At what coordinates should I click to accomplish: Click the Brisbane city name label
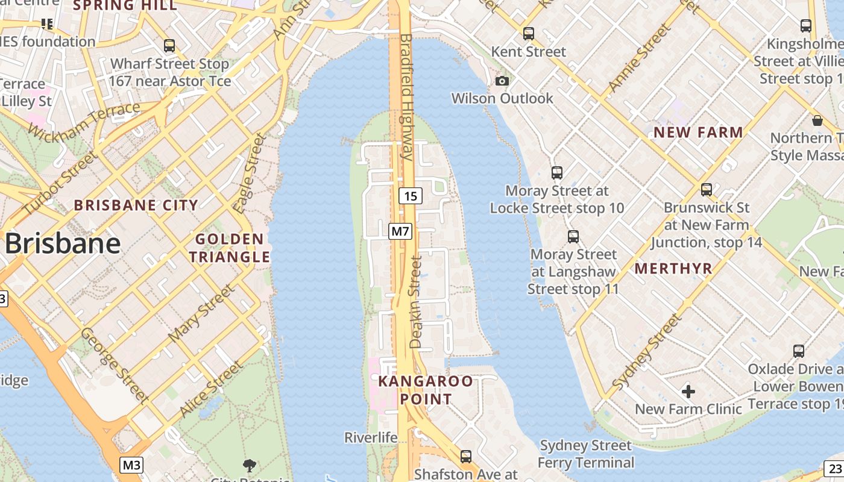(x=63, y=243)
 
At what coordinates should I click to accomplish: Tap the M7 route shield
(x=400, y=231)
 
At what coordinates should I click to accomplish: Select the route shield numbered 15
(x=411, y=196)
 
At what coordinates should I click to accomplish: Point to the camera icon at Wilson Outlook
(x=502, y=81)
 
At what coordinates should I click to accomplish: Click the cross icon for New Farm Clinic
(x=688, y=392)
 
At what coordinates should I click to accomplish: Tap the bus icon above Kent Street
(x=529, y=34)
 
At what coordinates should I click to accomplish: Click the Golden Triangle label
(x=229, y=248)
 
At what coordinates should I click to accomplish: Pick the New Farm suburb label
(x=698, y=132)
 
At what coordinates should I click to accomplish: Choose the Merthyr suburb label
(x=673, y=269)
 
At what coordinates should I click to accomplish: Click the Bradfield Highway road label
(x=406, y=96)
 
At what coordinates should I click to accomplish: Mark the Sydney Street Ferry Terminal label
(x=585, y=454)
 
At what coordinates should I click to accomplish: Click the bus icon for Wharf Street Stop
(x=169, y=46)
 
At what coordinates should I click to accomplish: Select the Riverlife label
(x=371, y=437)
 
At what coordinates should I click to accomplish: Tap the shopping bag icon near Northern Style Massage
(x=817, y=120)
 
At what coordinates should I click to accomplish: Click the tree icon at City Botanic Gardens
(x=249, y=465)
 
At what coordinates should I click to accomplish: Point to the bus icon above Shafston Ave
(x=466, y=457)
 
